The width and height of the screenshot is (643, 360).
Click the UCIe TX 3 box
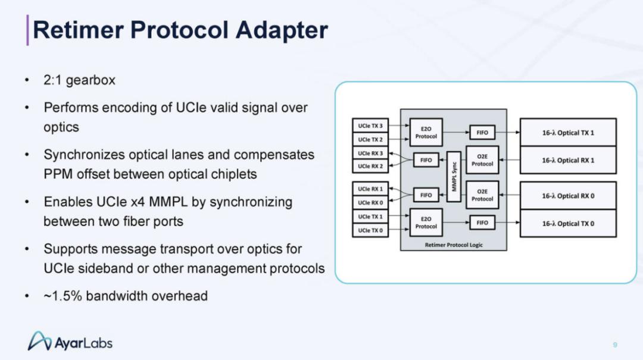tap(370, 126)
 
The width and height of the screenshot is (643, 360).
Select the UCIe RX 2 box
tap(370, 166)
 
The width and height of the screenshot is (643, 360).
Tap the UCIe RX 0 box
tap(370, 202)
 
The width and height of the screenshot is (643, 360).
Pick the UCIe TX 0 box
tap(370, 230)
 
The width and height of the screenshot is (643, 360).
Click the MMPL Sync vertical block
tap(454, 176)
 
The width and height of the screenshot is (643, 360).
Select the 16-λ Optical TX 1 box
tap(568, 133)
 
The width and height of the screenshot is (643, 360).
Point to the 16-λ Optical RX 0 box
tap(568, 196)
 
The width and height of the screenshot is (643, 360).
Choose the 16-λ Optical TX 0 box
tap(568, 224)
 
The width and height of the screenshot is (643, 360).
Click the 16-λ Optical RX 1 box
tap(568, 160)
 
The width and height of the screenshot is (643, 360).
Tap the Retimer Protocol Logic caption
tap(454, 245)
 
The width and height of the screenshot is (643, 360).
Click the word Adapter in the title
tap(282, 30)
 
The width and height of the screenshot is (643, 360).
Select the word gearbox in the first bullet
tap(90, 80)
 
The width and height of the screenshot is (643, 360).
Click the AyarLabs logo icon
tap(39, 341)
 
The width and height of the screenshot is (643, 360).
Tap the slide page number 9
tap(614, 345)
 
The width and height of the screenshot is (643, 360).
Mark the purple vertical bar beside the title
tap(27, 30)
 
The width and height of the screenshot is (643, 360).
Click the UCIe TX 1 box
tap(370, 217)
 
